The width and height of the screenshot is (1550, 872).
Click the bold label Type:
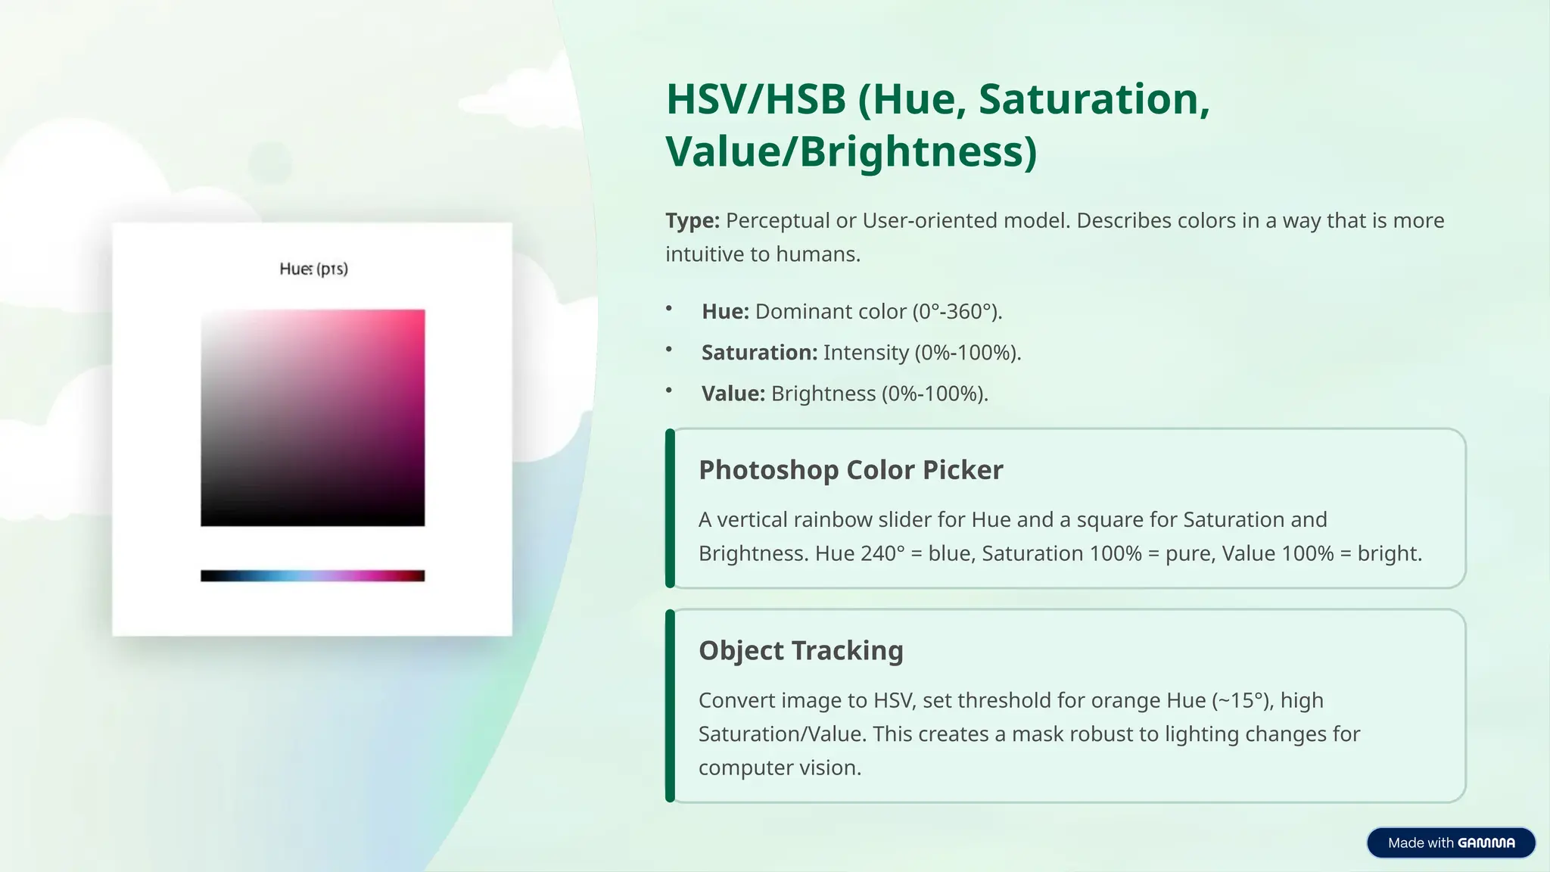tap(692, 221)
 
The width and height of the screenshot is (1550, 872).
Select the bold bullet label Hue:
tap(725, 312)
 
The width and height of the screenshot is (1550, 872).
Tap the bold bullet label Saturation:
tap(759, 353)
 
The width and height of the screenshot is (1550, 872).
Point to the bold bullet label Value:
tap(733, 394)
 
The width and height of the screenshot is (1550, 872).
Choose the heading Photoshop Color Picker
tap(850, 470)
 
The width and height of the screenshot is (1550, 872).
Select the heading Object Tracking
tap(801, 651)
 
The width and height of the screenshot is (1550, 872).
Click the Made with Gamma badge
tap(1450, 842)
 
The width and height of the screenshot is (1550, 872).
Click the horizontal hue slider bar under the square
tap(313, 576)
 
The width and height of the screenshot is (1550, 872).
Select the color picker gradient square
tap(313, 417)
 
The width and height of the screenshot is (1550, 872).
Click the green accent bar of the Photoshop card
tap(670, 508)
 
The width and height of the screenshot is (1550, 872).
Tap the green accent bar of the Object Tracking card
tap(670, 705)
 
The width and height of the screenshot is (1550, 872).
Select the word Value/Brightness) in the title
tap(851, 151)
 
